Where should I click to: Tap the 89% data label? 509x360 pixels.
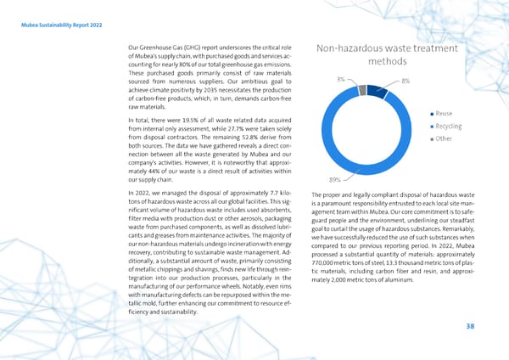pyautogui.click(x=334, y=179)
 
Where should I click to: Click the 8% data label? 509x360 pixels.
pyautogui.click(x=406, y=81)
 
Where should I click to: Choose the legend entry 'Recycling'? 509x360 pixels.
pyautogui.click(x=447, y=126)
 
